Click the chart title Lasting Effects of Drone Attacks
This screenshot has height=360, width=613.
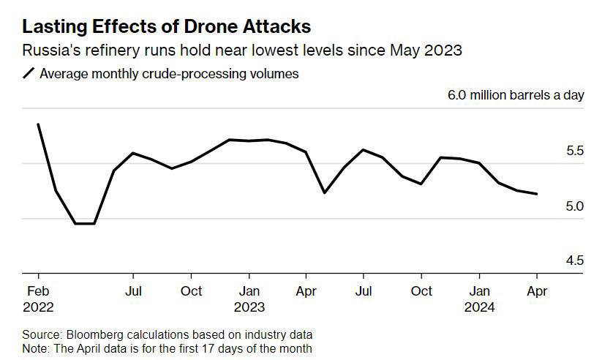pos(166,27)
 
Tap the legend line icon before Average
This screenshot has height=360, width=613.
pos(29,74)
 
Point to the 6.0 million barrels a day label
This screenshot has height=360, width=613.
pos(516,96)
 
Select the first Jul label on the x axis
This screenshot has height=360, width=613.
pos(132,290)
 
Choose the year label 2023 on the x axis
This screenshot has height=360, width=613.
pos(249,307)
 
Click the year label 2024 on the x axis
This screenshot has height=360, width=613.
pos(480,307)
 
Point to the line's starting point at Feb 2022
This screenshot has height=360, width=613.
pos(37,124)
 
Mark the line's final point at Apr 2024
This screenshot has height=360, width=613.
pos(537,194)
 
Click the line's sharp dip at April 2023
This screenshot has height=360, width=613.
pos(324,192)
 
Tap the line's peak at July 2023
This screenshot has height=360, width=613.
pos(363,149)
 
